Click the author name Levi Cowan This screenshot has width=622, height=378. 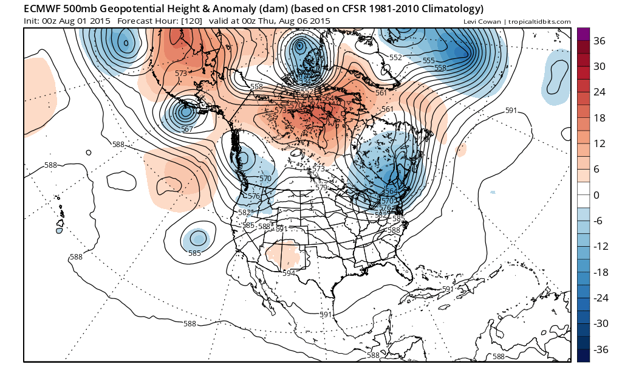point(481,22)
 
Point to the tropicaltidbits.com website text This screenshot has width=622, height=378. point(539,22)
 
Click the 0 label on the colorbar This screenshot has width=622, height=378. point(595,195)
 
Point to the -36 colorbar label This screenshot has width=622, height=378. point(598,349)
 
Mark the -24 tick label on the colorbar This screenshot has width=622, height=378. point(598,298)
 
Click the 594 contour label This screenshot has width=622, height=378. point(289,273)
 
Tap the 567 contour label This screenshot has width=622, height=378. point(187,129)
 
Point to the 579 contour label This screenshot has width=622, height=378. point(321,188)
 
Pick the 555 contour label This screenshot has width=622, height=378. point(429,61)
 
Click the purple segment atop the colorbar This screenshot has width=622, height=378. point(583,34)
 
